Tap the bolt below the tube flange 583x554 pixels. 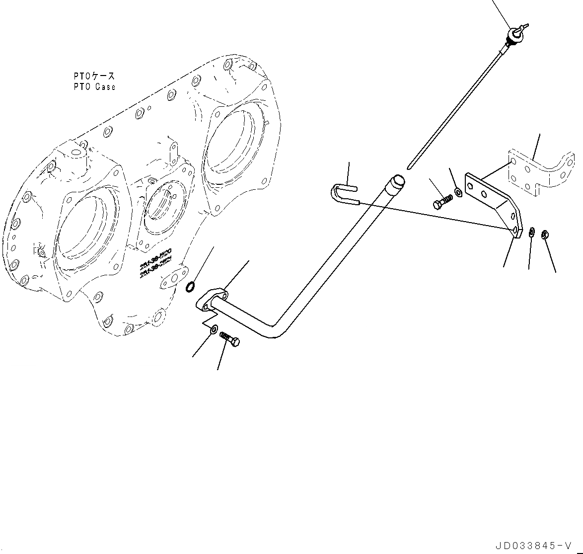tap(229, 339)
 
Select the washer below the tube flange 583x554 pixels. tap(214, 329)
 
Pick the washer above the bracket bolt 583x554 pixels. tap(458, 191)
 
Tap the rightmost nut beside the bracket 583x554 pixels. tap(545, 234)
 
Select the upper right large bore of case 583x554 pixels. tap(233, 149)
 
